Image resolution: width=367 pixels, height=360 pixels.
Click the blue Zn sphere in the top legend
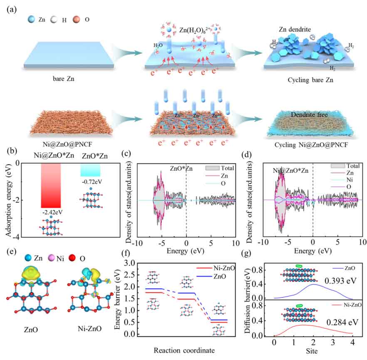click(32, 19)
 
